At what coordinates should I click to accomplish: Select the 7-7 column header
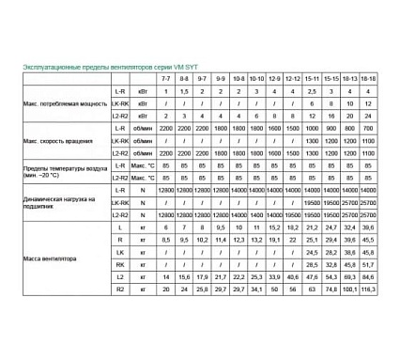(x=166, y=78)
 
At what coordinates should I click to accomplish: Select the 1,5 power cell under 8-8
(x=185, y=91)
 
